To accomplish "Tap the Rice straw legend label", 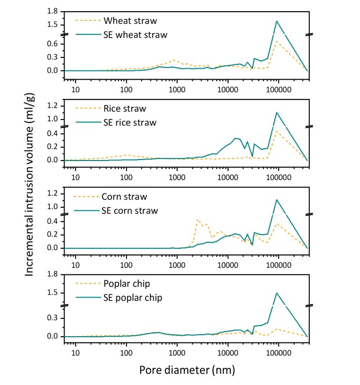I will point(125,109).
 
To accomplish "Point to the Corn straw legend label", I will point(125,197).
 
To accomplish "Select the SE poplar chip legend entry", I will point(133,298).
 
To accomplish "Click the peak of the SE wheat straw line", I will point(277,21).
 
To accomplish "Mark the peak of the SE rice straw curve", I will point(277,112).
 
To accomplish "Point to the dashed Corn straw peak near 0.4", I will point(197,219).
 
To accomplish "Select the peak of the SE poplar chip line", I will point(277,293).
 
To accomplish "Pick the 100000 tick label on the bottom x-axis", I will point(278,351).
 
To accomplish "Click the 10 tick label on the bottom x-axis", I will point(76,351).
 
